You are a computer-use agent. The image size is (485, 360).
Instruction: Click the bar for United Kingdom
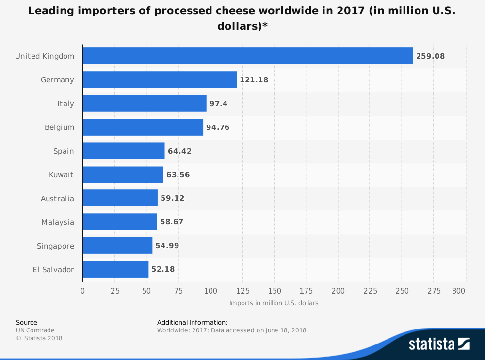(247, 56)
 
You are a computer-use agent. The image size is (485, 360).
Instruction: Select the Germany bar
(160, 79)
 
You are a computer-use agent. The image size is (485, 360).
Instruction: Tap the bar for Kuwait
(123, 174)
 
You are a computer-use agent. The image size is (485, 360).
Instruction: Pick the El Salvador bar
(115, 269)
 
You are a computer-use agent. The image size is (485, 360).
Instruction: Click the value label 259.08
(430, 56)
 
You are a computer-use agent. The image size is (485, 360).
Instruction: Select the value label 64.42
(179, 151)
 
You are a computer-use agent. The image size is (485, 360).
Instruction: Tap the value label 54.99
(167, 246)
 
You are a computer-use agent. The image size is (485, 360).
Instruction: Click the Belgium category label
(59, 127)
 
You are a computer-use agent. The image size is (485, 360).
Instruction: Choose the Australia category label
(57, 198)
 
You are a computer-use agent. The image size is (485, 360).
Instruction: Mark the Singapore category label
(55, 246)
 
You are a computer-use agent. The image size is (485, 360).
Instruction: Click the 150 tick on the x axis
(274, 291)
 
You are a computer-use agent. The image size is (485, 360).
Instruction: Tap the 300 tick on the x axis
(459, 291)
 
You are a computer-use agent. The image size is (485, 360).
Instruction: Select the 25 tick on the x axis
(114, 291)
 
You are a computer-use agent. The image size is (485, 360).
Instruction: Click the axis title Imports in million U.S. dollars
(274, 303)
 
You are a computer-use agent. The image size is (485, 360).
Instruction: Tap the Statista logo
(439, 344)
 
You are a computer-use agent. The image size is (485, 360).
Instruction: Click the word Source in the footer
(26, 322)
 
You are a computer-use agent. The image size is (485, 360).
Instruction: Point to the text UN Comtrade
(35, 330)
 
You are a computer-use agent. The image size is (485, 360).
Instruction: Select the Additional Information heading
(192, 322)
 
